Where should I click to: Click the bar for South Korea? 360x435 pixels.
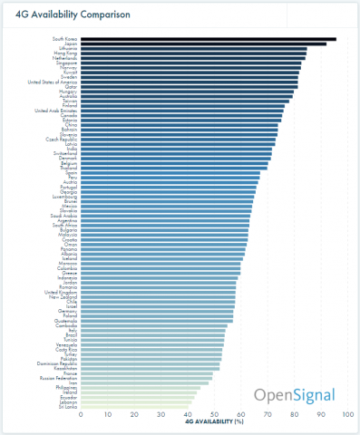tap(209, 39)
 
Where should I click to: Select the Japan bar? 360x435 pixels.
tap(204, 43)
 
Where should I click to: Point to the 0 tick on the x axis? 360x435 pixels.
tap(82, 414)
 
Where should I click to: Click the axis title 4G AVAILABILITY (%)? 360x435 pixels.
tap(215, 421)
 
